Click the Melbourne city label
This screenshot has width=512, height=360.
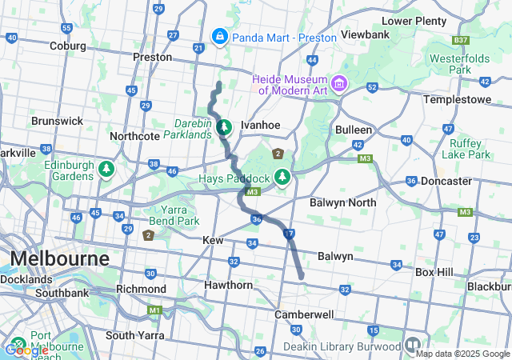click(x=59, y=260)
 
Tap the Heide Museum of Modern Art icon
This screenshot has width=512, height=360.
click(x=339, y=83)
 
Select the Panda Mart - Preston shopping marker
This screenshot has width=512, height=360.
click(x=219, y=36)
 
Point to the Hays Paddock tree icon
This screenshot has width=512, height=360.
click(x=282, y=176)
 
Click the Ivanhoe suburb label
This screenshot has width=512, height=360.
click(x=260, y=126)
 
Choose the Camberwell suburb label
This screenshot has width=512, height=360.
click(x=303, y=314)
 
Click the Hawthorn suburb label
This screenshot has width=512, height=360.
click(x=228, y=285)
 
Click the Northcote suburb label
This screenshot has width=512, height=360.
click(x=134, y=136)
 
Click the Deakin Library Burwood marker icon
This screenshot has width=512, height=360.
click(x=413, y=345)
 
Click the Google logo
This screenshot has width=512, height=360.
click(x=26, y=350)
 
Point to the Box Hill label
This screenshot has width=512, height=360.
click(x=434, y=272)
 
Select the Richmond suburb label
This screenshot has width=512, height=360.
click(x=141, y=288)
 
